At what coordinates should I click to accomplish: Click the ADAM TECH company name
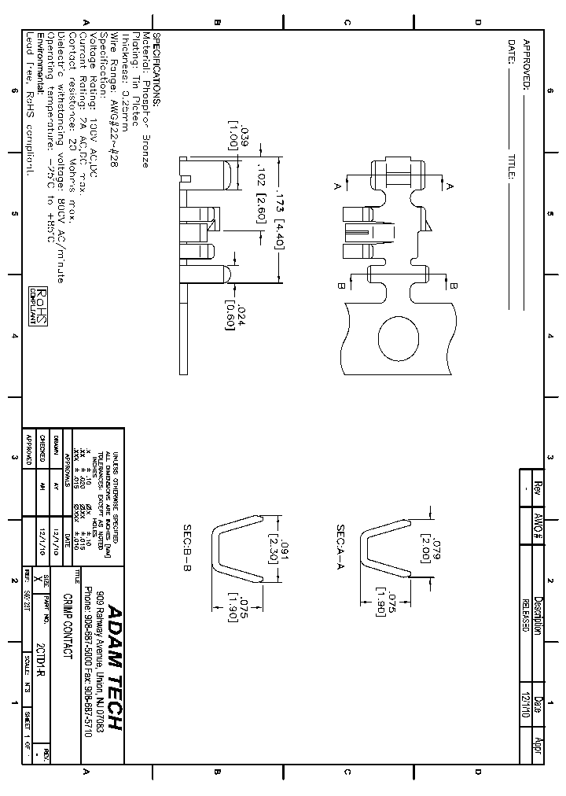click(x=114, y=667)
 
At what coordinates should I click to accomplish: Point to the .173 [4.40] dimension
click(x=277, y=218)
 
